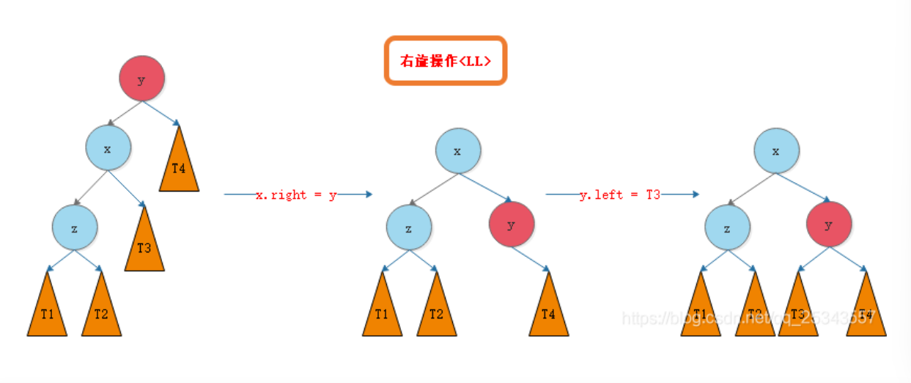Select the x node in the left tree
(108, 149)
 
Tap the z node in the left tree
(74, 228)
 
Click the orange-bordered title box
(446, 61)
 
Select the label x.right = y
(296, 195)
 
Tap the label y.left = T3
(620, 195)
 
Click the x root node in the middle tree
(458, 150)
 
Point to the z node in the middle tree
(408, 228)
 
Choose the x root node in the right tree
(777, 150)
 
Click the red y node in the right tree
(829, 225)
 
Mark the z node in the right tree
(727, 228)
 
